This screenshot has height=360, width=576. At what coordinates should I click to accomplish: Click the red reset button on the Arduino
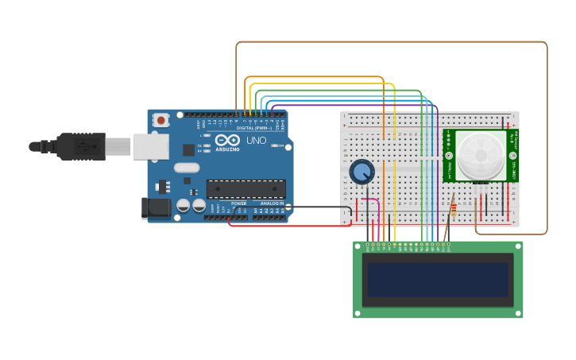click(161, 120)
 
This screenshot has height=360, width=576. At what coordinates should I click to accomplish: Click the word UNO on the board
click(256, 141)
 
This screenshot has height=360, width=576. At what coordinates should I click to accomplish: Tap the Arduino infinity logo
click(226, 141)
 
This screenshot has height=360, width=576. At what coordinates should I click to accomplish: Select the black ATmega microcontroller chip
click(245, 188)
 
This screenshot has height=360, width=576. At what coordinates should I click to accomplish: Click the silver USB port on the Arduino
click(151, 146)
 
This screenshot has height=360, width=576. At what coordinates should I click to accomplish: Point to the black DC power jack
click(156, 208)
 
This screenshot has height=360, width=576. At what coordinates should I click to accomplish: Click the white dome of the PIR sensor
click(480, 155)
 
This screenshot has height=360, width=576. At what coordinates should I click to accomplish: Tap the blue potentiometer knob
click(361, 171)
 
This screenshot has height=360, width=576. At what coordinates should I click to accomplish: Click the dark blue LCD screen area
click(438, 280)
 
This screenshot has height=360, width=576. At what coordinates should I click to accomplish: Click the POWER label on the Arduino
click(238, 203)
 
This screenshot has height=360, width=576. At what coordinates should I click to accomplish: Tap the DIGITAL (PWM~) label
click(253, 128)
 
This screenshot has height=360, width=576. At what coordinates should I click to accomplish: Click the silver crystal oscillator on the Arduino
click(187, 168)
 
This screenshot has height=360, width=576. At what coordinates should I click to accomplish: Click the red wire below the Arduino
click(286, 226)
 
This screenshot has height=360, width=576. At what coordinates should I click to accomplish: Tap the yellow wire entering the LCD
click(395, 223)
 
